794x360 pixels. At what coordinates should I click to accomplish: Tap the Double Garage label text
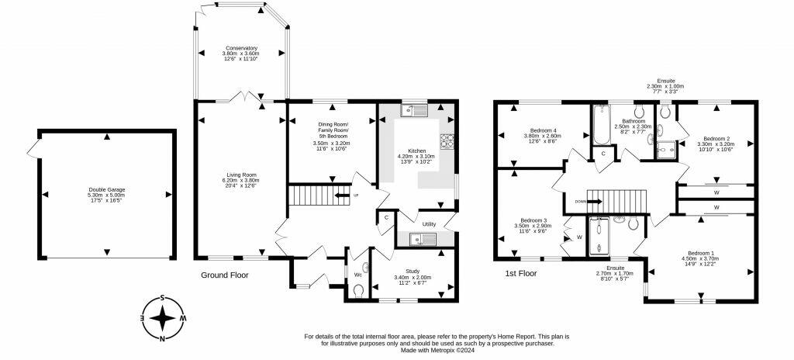[106, 189]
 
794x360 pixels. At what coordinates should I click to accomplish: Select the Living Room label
[240, 175]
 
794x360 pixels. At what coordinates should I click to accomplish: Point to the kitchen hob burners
[447, 140]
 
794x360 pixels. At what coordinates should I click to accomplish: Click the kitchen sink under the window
[414, 110]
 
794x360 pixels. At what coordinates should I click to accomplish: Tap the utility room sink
[423, 239]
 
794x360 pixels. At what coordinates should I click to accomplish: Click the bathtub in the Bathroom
[601, 124]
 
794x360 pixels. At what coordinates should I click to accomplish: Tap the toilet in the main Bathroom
[639, 110]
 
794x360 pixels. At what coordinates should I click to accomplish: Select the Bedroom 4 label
[543, 130]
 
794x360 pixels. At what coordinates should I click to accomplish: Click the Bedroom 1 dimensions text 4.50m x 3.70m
[701, 259]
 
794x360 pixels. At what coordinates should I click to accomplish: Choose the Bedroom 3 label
[533, 220]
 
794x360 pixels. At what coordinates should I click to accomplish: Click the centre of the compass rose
[162, 319]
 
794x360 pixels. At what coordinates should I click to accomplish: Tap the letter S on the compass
[162, 298]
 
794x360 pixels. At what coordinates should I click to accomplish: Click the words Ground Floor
[225, 275]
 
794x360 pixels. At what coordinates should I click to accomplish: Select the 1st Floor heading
[520, 273]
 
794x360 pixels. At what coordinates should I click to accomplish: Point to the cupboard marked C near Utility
[386, 217]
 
